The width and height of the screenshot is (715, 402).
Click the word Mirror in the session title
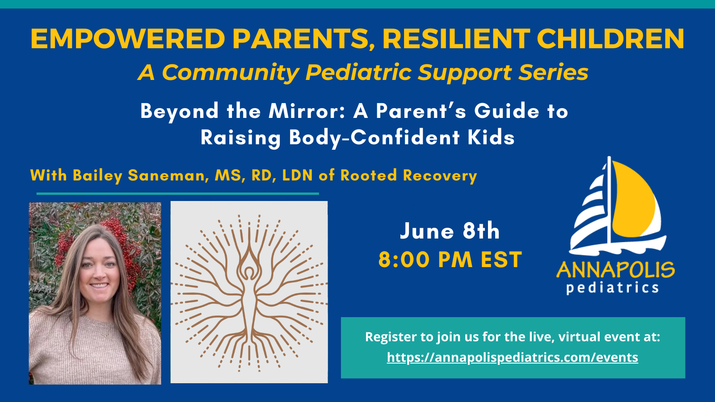click(x=307, y=111)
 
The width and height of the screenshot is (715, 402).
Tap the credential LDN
click(x=297, y=176)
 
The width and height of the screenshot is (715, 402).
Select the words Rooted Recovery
click(x=408, y=176)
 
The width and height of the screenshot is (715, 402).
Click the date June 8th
click(x=450, y=231)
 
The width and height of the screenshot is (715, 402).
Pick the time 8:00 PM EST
click(x=450, y=260)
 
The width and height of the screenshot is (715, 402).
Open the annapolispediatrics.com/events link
click(x=513, y=357)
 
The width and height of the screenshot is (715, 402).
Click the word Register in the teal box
click(x=390, y=337)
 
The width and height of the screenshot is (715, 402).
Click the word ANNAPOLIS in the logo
click(x=615, y=270)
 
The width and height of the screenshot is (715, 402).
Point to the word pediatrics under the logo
click(x=613, y=288)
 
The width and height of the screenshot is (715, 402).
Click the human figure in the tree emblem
click(x=249, y=290)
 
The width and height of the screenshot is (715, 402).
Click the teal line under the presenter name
click(x=177, y=194)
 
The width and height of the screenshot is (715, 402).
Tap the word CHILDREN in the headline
click(x=610, y=39)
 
